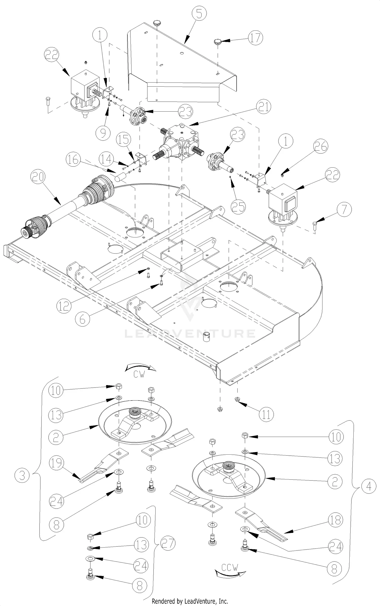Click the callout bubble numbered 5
point(199,14)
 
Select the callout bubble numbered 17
point(255,38)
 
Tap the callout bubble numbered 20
point(38,177)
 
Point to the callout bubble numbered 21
point(263,107)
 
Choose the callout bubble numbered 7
point(344,210)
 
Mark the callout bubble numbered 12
point(64,306)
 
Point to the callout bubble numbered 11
point(266,414)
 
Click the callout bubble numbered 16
point(73,160)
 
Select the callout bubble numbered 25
point(238,207)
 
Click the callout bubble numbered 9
point(103,133)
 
